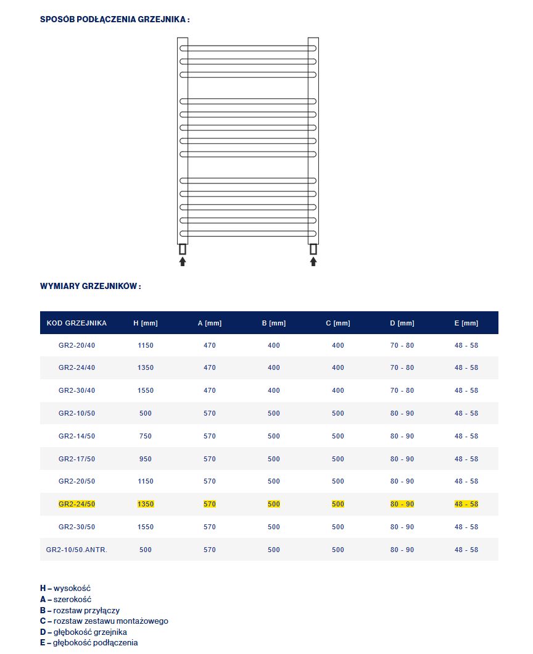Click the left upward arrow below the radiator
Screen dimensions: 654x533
183,262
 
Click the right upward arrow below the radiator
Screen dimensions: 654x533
313,262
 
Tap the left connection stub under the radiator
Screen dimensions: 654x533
183,249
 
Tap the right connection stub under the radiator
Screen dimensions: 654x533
313,249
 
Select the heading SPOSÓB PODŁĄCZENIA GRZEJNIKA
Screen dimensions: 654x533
114,19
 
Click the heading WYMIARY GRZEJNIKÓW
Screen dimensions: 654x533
91,287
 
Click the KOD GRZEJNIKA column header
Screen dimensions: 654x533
76,323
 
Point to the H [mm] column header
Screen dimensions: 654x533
146,323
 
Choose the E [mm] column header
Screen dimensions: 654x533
466,323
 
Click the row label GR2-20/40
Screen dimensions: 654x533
76,345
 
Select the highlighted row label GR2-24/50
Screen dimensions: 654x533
76,505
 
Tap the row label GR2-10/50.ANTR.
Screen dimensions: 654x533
76,550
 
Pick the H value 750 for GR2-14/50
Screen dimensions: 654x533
146,436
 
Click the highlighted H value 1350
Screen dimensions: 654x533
146,505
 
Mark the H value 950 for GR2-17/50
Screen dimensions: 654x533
146,459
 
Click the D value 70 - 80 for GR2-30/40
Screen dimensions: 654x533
402,390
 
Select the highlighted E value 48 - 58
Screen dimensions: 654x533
466,505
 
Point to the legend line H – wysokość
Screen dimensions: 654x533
65,588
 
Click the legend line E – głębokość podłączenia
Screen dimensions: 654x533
89,642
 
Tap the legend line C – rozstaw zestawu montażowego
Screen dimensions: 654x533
104,621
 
